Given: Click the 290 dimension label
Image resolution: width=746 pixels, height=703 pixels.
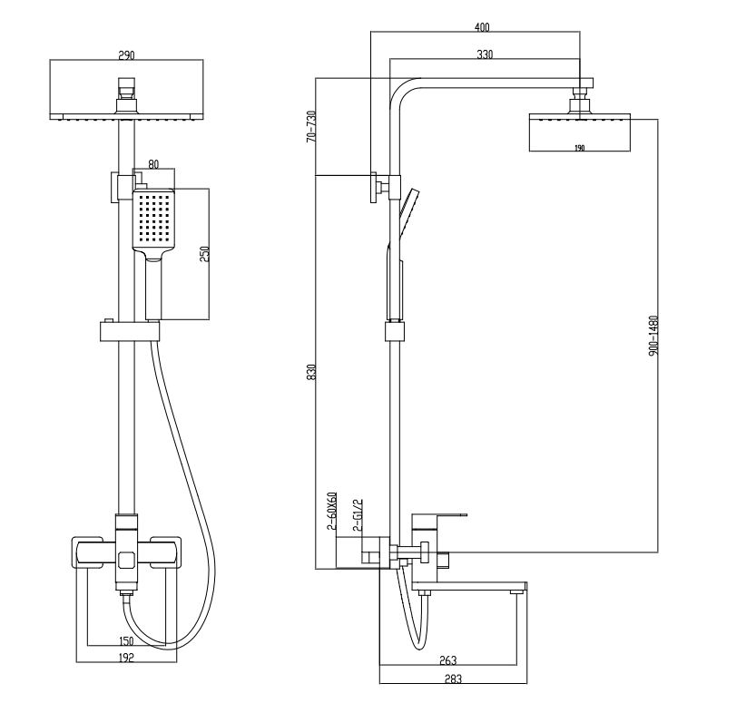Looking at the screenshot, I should tap(126, 55).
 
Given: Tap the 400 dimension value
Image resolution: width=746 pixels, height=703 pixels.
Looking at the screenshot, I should tap(482, 27).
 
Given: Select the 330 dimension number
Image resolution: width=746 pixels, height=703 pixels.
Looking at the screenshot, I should tap(485, 55).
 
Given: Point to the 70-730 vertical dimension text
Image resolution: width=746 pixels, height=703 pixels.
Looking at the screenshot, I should tap(310, 126).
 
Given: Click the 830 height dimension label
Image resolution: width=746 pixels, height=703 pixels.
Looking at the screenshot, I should tap(310, 372).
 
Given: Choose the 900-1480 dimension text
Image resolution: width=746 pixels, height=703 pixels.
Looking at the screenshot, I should tap(653, 336).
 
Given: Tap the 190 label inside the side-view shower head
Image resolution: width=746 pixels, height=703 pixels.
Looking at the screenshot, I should tap(578, 147).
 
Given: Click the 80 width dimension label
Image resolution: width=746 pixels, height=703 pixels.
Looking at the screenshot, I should tap(153, 165).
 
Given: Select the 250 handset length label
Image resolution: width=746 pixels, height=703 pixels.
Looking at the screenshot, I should tap(204, 254).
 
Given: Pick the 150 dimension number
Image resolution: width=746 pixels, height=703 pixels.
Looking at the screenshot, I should tap(126, 641).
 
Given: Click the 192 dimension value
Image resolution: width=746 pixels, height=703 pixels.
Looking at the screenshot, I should tap(126, 659).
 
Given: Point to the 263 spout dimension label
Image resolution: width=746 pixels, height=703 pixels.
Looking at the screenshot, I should tap(447, 660).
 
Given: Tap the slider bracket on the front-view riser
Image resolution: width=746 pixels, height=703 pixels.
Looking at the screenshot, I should tap(126, 329).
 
